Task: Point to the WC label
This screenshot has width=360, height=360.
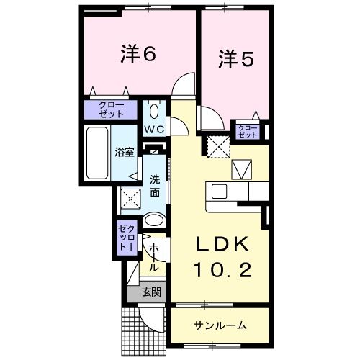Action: (x=155, y=130)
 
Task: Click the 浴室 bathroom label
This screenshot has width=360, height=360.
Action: (x=124, y=152)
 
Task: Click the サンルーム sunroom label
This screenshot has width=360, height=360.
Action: (x=220, y=325)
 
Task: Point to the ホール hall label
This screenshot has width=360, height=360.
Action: (x=153, y=258)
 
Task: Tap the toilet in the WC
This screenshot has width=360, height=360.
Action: (x=156, y=112)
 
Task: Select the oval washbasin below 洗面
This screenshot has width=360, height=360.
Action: (x=153, y=220)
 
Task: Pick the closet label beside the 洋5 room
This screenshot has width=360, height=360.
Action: (x=248, y=131)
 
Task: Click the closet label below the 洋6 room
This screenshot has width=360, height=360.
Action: (x=107, y=109)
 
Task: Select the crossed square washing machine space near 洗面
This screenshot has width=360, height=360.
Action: (x=130, y=197)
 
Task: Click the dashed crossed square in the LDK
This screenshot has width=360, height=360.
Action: (x=216, y=147)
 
